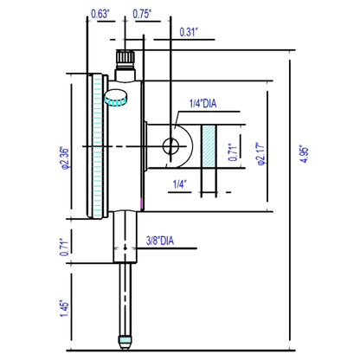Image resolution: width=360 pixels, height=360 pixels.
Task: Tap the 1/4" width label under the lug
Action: coord(181,183)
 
